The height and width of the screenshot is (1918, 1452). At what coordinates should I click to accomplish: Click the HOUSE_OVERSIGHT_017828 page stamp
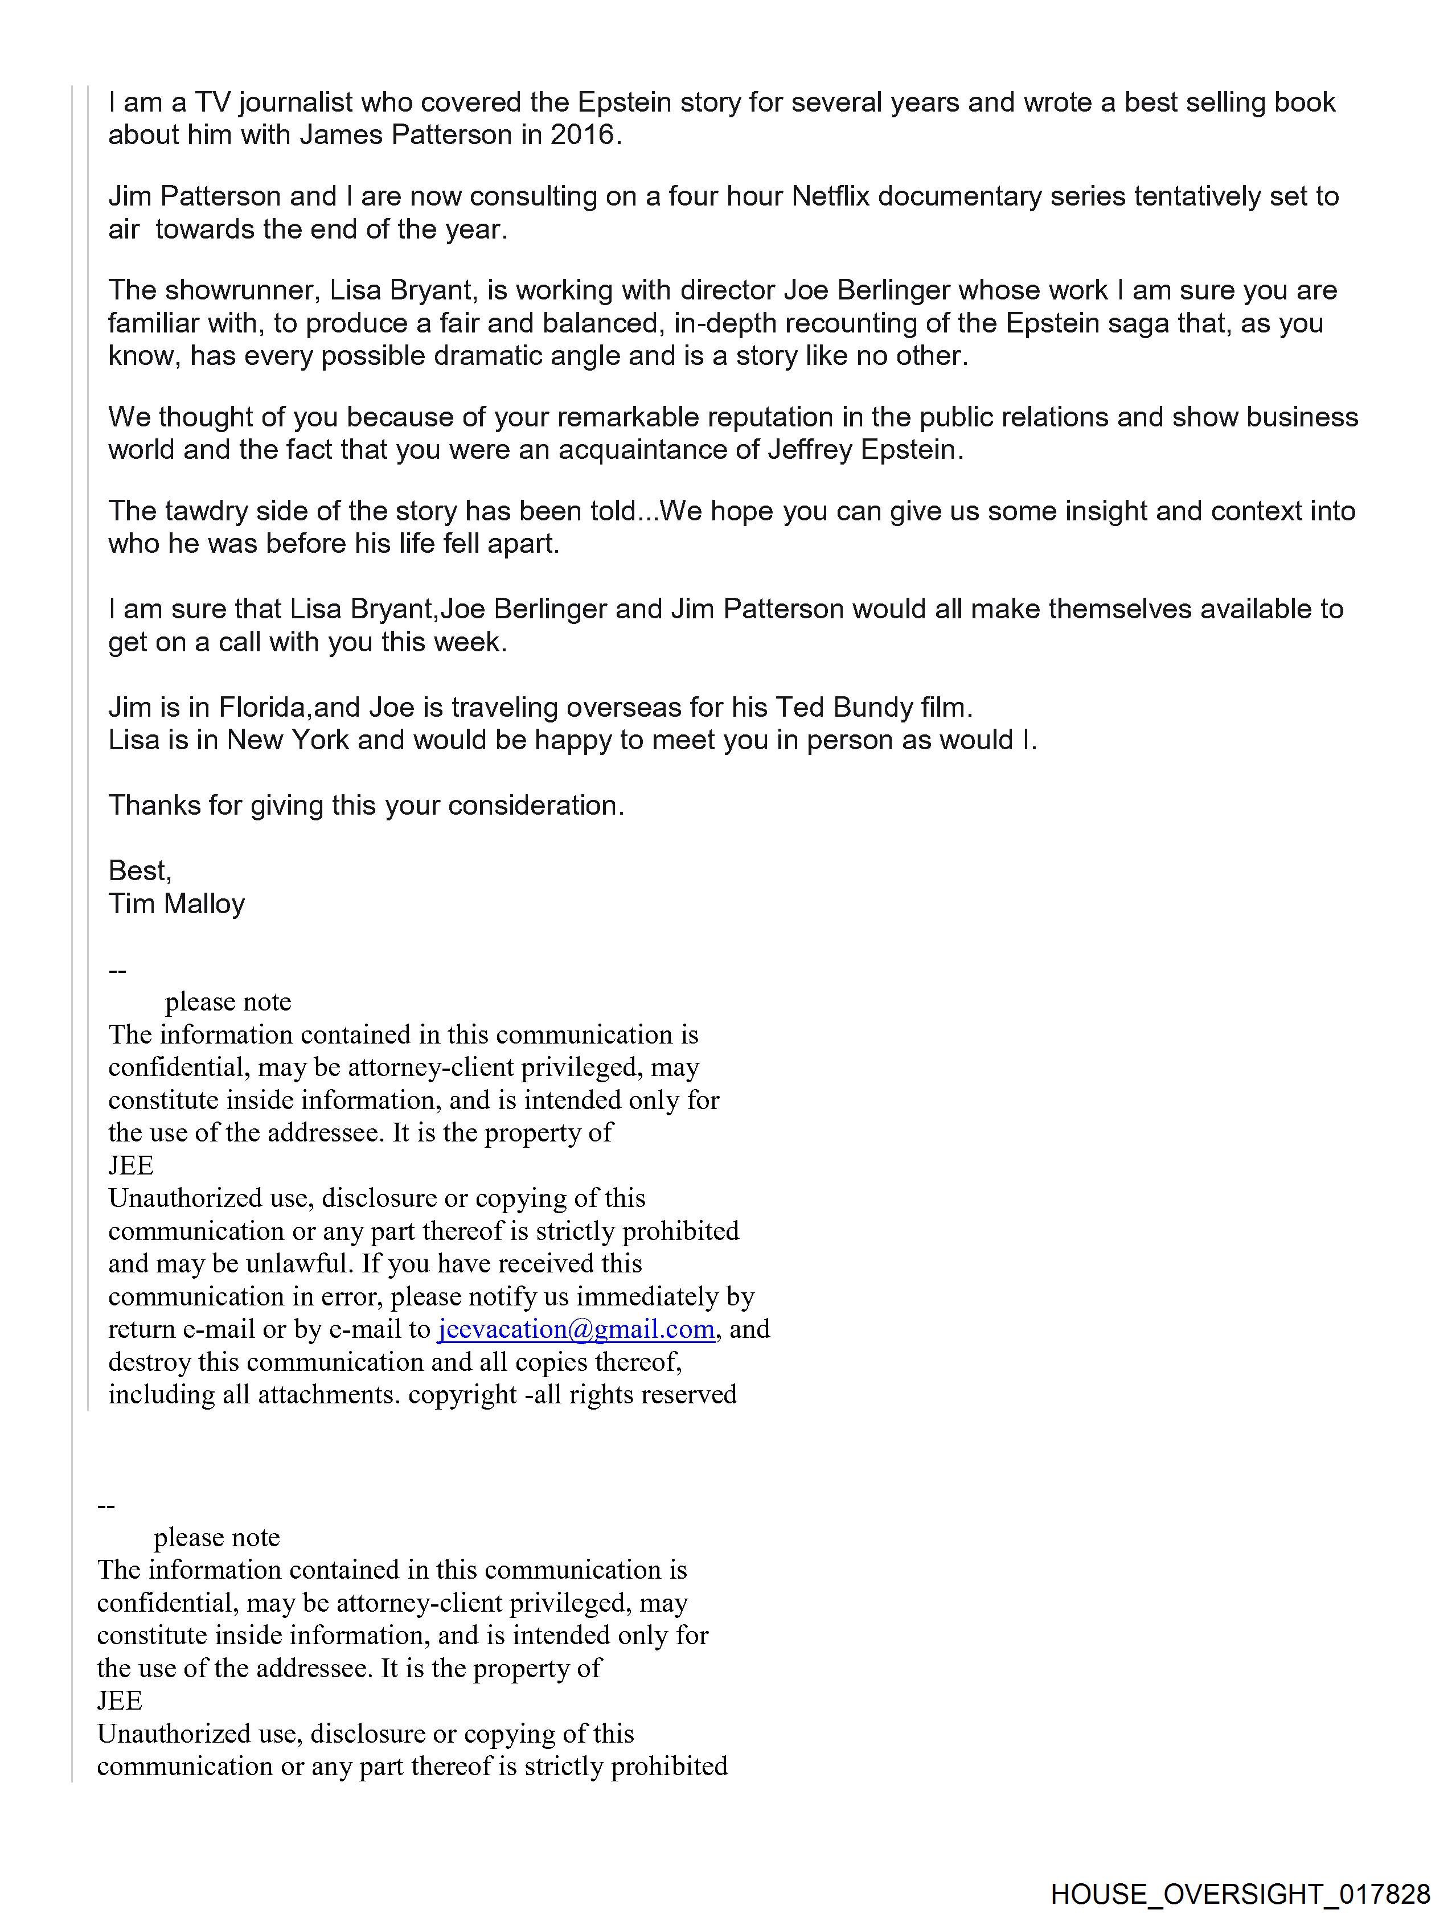coord(1240,1894)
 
